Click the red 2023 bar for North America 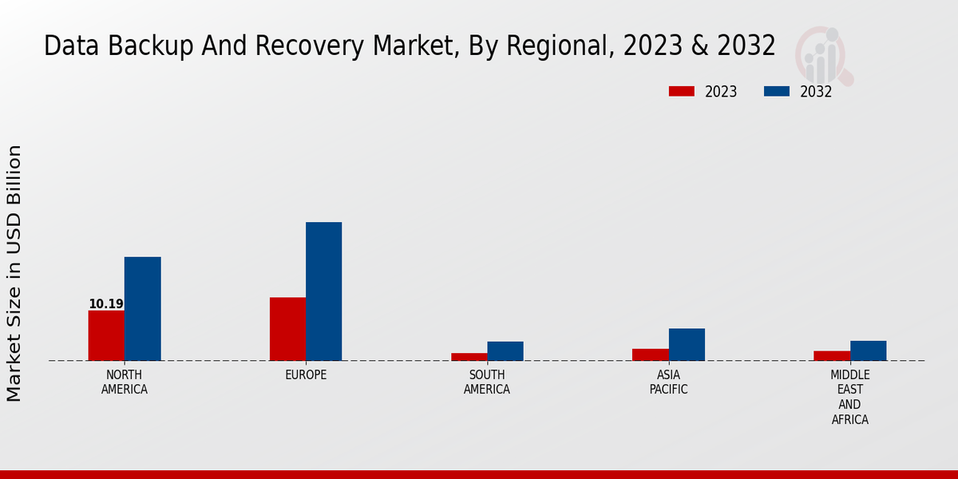106,335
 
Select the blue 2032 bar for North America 142,309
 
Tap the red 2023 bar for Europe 287,329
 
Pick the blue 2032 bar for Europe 323,291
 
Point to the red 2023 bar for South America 469,357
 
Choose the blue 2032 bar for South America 505,351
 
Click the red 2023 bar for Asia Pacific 651,354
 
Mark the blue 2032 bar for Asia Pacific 687,345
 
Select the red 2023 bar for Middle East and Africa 832,356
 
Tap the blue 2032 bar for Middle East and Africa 868,350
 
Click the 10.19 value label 106,304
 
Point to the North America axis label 125,382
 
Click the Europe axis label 306,375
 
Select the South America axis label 487,382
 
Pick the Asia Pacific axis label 668,382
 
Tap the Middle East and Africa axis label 850,397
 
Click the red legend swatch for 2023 681,92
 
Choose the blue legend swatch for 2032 776,92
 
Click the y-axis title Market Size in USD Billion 14,273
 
